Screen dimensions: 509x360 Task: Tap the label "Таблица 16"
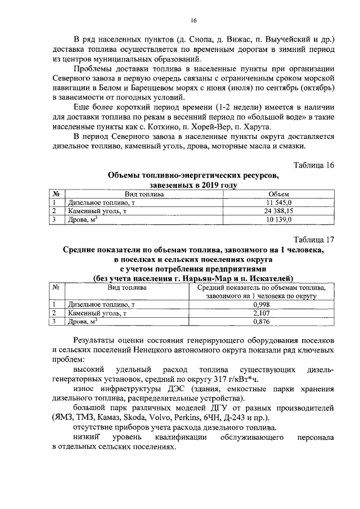(314, 165)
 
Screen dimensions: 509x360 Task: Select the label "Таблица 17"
(314, 239)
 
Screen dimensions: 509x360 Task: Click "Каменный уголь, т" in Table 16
(95, 211)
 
